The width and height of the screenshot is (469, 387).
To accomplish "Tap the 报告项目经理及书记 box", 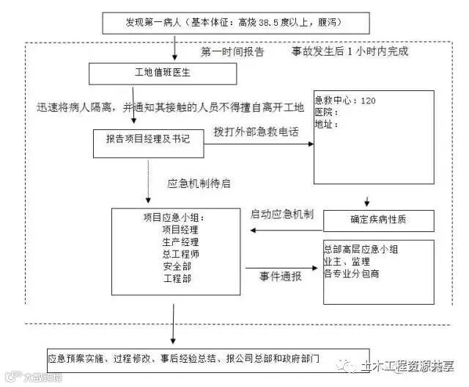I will [147, 140].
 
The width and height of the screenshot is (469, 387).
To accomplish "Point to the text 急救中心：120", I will [345, 101].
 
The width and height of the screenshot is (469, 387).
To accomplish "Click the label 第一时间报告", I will [232, 53].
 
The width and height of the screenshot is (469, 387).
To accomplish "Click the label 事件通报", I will [280, 277].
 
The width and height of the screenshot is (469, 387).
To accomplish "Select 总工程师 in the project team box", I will [181, 254].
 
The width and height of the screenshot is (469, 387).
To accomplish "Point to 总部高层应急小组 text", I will [361, 250].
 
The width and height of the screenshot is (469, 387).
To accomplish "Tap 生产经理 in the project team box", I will [181, 242].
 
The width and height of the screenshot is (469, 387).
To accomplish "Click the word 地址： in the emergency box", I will [326, 124].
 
